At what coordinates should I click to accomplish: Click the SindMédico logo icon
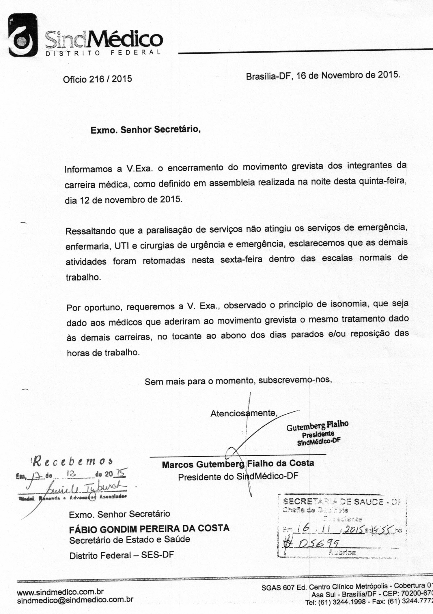pyautogui.click(x=23, y=35)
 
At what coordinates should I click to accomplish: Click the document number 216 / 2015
pyautogui.click(x=110, y=79)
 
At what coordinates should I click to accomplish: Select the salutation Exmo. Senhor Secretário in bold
pyautogui.click(x=145, y=130)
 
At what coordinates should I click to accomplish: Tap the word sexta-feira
pyautogui.click(x=241, y=259)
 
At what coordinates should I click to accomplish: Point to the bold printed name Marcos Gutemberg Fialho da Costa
pyautogui.click(x=238, y=464)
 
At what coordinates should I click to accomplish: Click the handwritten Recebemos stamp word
pyautogui.click(x=72, y=462)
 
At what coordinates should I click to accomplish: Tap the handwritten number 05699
pyautogui.click(x=317, y=544)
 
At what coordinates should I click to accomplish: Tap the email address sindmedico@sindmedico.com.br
pyautogui.click(x=75, y=600)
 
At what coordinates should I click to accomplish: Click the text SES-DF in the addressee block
pyautogui.click(x=157, y=555)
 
